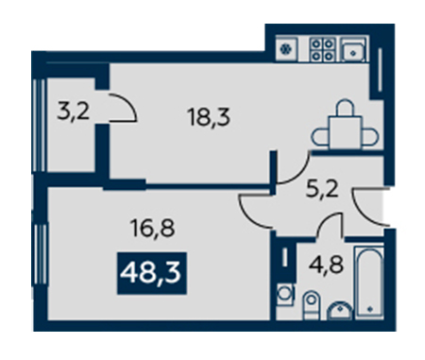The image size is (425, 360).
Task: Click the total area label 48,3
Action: coord(151,273)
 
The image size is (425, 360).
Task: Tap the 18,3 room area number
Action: coord(209,117)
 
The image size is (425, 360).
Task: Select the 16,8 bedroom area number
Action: coord(153,228)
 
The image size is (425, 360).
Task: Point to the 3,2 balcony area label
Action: coord(74,111)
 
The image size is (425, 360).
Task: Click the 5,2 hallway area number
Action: coord(322,190)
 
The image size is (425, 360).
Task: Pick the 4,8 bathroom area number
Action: coord(326,265)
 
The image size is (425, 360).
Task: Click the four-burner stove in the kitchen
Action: coord(322,49)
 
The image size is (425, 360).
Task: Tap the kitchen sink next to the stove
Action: coord(353,49)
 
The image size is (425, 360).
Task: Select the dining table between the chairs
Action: coord(345,132)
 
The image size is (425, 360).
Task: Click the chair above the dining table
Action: coord(345,108)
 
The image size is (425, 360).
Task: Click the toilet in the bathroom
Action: coord(311,304)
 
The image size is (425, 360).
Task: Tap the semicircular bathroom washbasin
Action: coord(339,311)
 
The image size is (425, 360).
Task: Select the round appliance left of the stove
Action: coord(286,49)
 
